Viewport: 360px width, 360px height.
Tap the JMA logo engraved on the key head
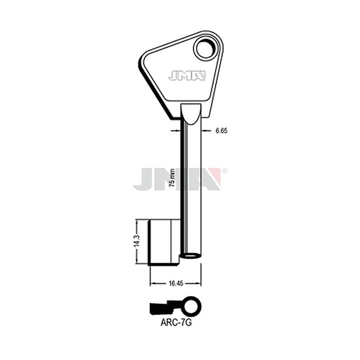coord(187,76)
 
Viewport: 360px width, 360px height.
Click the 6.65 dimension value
coord(221,131)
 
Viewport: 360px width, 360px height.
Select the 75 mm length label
coord(172,177)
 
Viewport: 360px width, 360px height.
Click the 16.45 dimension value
coord(176,283)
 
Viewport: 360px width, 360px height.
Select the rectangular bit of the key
coord(164,243)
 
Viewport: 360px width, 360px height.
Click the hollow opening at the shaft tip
coord(191,255)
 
